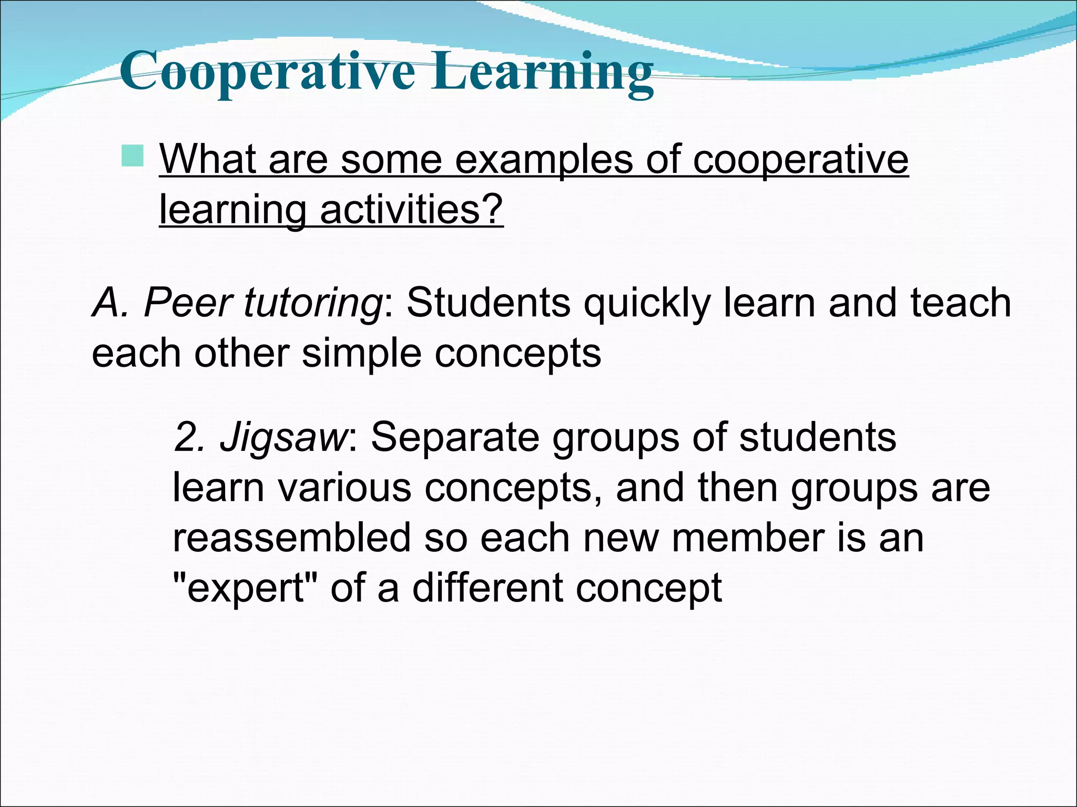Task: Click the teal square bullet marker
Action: pos(132,156)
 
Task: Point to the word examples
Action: pos(544,159)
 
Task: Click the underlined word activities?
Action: pos(411,209)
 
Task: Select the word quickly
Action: pos(647,304)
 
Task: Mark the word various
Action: pos(344,488)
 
